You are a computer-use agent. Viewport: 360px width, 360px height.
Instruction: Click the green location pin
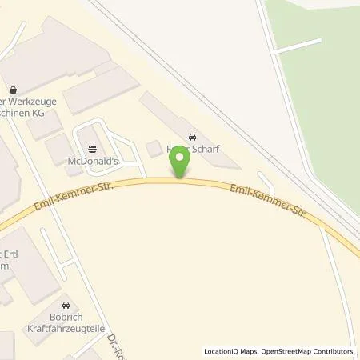coord(180,163)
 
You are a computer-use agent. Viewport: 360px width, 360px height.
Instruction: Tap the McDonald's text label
coord(93,160)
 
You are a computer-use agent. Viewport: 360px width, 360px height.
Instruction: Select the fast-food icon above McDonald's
coord(93,148)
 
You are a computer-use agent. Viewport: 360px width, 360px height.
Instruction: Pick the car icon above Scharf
coord(190,135)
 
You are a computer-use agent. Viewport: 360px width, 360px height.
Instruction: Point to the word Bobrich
coord(66,318)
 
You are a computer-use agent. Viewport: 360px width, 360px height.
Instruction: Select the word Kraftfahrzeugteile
coord(66,329)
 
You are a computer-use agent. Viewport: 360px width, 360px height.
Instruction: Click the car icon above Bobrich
coord(66,305)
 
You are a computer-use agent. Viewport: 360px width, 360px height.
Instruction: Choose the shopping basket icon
coord(13,90)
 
